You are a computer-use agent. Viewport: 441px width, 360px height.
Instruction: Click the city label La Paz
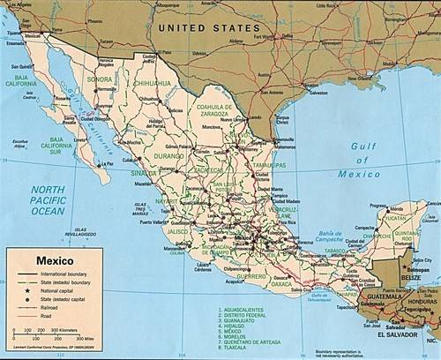coord(107,163)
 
